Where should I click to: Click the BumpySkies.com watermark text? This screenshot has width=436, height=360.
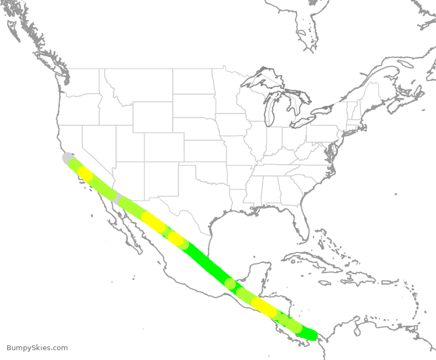coord(37,348)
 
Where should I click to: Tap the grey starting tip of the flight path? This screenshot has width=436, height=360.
coord(66,158)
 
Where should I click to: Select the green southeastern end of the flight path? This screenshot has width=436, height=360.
coord(311,334)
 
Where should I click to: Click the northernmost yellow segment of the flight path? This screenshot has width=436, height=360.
coord(85,173)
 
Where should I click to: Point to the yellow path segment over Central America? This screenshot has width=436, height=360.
coord(264,307)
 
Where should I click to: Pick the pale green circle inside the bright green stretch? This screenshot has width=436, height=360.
coord(231,283)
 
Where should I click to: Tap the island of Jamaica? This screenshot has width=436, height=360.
coord(325,283)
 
